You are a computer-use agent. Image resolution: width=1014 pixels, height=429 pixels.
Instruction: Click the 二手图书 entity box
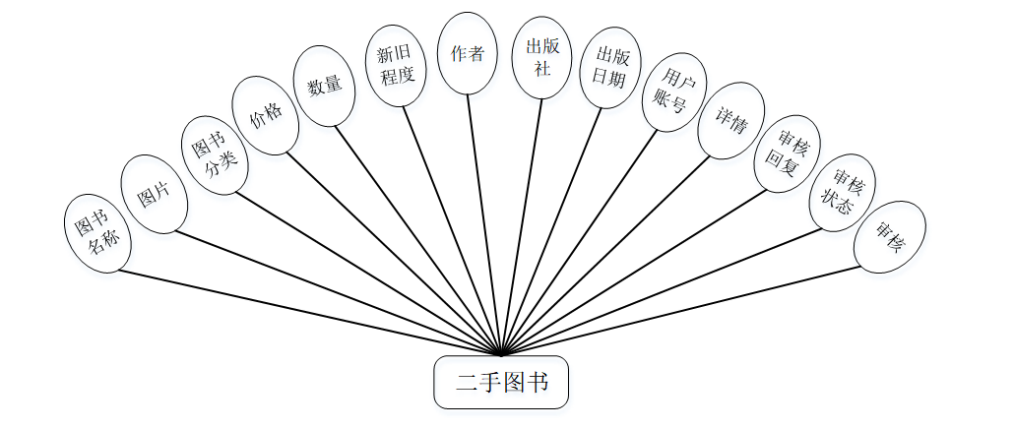tap(501, 382)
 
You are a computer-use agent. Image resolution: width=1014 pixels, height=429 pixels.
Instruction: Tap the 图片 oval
tap(154, 194)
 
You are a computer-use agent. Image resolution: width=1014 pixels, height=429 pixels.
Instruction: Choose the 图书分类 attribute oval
tap(215, 156)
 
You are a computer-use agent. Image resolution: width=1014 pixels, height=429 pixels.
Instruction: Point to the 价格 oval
tap(265, 116)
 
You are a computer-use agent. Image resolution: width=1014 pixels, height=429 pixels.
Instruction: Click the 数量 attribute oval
tap(324, 87)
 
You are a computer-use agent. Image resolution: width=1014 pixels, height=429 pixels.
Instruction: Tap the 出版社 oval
tap(541, 57)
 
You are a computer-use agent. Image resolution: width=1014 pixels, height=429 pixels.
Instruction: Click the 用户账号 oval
tap(673, 92)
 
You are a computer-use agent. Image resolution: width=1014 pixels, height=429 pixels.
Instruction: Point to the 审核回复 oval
tap(787, 153)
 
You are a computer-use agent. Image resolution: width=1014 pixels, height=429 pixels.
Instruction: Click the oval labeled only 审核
tap(889, 237)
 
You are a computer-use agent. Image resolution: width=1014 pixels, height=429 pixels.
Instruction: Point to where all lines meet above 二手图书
tap(501, 353)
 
